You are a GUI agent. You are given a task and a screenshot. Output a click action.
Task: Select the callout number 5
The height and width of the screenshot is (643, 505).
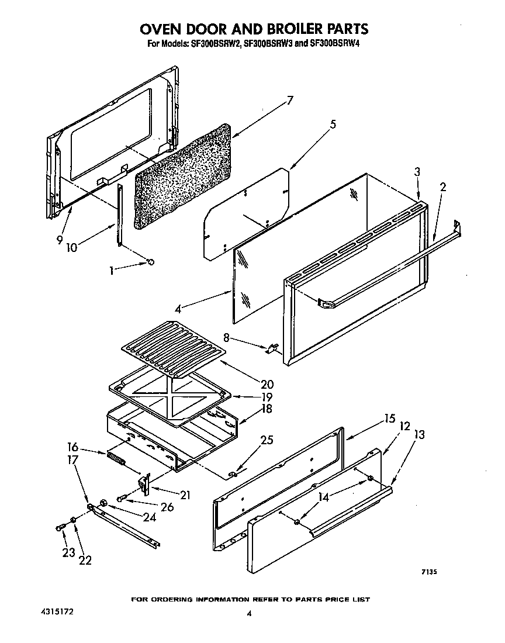333,124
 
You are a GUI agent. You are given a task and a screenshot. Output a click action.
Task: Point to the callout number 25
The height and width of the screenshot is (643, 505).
266,440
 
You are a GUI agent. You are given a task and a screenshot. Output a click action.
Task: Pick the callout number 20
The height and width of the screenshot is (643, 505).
267,384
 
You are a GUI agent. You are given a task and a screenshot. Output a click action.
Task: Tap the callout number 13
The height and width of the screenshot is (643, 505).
419,434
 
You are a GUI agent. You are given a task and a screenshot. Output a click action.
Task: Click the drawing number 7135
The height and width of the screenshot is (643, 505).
428,572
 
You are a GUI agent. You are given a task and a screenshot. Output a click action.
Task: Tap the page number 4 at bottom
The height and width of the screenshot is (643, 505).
249,613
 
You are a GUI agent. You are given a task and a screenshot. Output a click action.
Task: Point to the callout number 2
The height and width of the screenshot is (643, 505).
443,187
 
